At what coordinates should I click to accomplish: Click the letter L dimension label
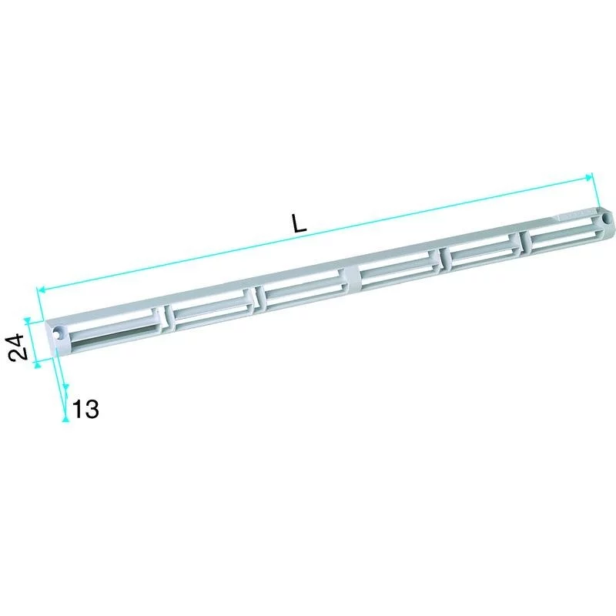[300, 223]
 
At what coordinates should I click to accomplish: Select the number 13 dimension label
[85, 409]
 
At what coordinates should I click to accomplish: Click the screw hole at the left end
[60, 331]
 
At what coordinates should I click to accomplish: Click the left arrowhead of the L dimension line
[41, 290]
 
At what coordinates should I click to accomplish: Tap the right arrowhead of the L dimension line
[589, 177]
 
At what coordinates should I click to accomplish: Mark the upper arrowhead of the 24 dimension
[27, 321]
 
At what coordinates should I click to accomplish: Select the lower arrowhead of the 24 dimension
[37, 365]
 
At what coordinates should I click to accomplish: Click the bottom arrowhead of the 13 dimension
[65, 419]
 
